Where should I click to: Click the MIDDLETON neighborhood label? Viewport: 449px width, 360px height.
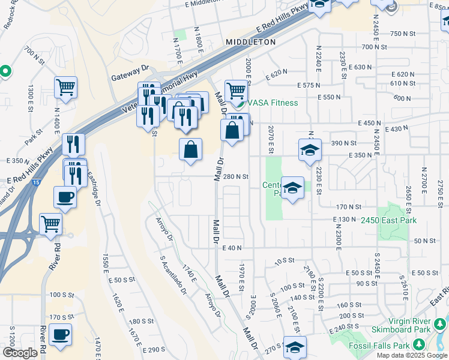coord(250,42)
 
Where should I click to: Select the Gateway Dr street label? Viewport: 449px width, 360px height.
coord(130,77)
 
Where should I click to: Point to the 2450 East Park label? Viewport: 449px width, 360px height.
coord(388,221)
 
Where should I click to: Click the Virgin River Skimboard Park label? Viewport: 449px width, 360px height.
coord(417,325)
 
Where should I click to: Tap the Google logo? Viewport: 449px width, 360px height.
coord(20,353)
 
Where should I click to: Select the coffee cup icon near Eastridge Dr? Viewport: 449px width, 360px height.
coord(65,196)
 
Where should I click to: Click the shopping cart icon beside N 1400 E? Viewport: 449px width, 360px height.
coord(66,86)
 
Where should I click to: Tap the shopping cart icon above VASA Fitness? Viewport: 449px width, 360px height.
coord(237,91)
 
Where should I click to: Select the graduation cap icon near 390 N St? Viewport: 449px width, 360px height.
coord(309,149)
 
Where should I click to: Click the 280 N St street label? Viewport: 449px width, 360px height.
coord(236,177)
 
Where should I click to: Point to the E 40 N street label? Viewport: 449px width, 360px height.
coord(231,248)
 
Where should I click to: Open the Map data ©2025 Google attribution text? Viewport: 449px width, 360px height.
coord(411,355)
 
